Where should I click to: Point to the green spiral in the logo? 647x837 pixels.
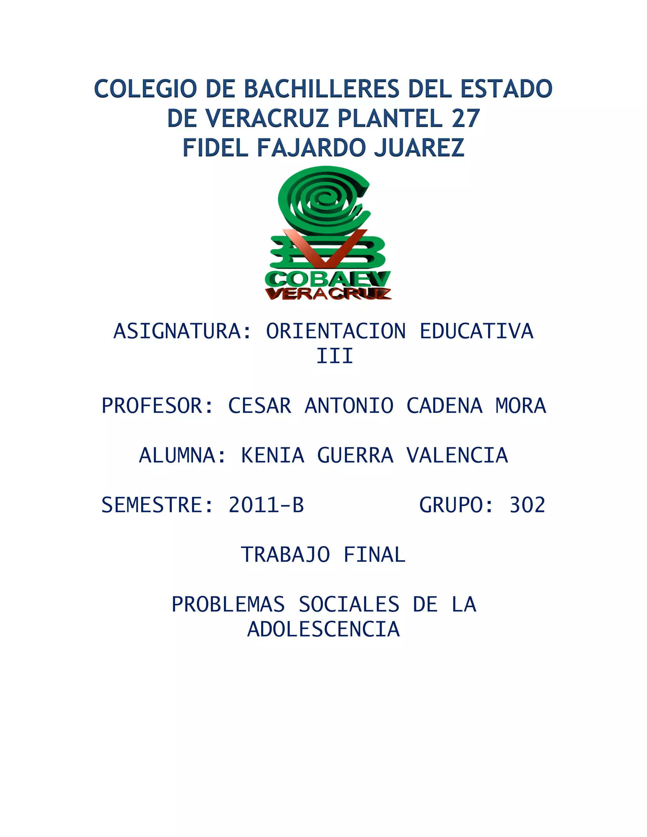tap(324, 199)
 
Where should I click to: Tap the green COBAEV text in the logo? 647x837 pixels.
tap(328, 279)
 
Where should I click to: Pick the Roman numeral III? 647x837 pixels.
tap(334, 356)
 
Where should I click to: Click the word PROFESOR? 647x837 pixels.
tap(157, 406)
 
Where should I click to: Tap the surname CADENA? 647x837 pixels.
tap(444, 406)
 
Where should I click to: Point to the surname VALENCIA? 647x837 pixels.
tap(457, 455)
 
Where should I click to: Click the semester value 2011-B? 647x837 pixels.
tap(266, 505)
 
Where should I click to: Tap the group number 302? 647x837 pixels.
tap(527, 505)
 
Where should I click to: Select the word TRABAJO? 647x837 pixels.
tap(285, 555)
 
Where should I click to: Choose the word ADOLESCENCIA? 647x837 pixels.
tap(323, 629)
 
